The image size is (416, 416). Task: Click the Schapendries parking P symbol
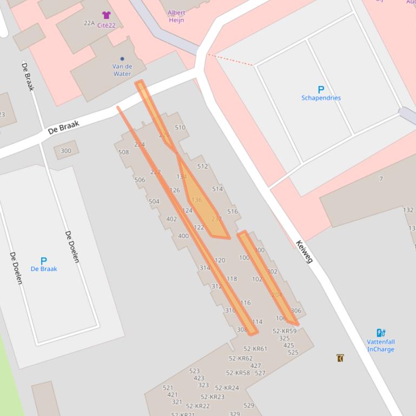pyautogui.click(x=321, y=90)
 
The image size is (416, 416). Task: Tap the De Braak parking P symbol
pyautogui.click(x=43, y=261)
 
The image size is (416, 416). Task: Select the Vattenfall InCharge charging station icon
pyautogui.click(x=381, y=333)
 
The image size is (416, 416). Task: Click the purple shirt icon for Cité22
pyautogui.click(x=106, y=15)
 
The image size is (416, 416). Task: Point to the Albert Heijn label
pyautogui.click(x=176, y=16)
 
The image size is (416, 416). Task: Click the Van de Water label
pyautogui.click(x=122, y=70)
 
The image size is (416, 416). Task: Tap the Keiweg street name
pyautogui.click(x=305, y=252)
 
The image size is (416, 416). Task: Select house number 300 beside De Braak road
pyautogui.click(x=66, y=151)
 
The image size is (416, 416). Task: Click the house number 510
pyautogui.click(x=180, y=128)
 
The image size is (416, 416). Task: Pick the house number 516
pyautogui.click(x=233, y=211)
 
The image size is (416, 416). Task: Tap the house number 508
pyautogui.click(x=123, y=152)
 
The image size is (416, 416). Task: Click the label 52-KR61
pyautogui.click(x=255, y=348)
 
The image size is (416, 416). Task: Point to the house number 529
pyautogui.click(x=249, y=405)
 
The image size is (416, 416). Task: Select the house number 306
pyautogui.click(x=296, y=311)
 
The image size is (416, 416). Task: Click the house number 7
pyautogui.click(x=381, y=179)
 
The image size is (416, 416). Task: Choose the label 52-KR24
pyautogui.click(x=227, y=388)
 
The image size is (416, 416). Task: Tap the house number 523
pyautogui.click(x=194, y=371)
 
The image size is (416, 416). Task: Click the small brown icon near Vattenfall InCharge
pyautogui.click(x=340, y=358)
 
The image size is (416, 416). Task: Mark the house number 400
pyautogui.click(x=183, y=236)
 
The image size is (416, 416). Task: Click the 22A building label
pyautogui.click(x=89, y=23)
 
